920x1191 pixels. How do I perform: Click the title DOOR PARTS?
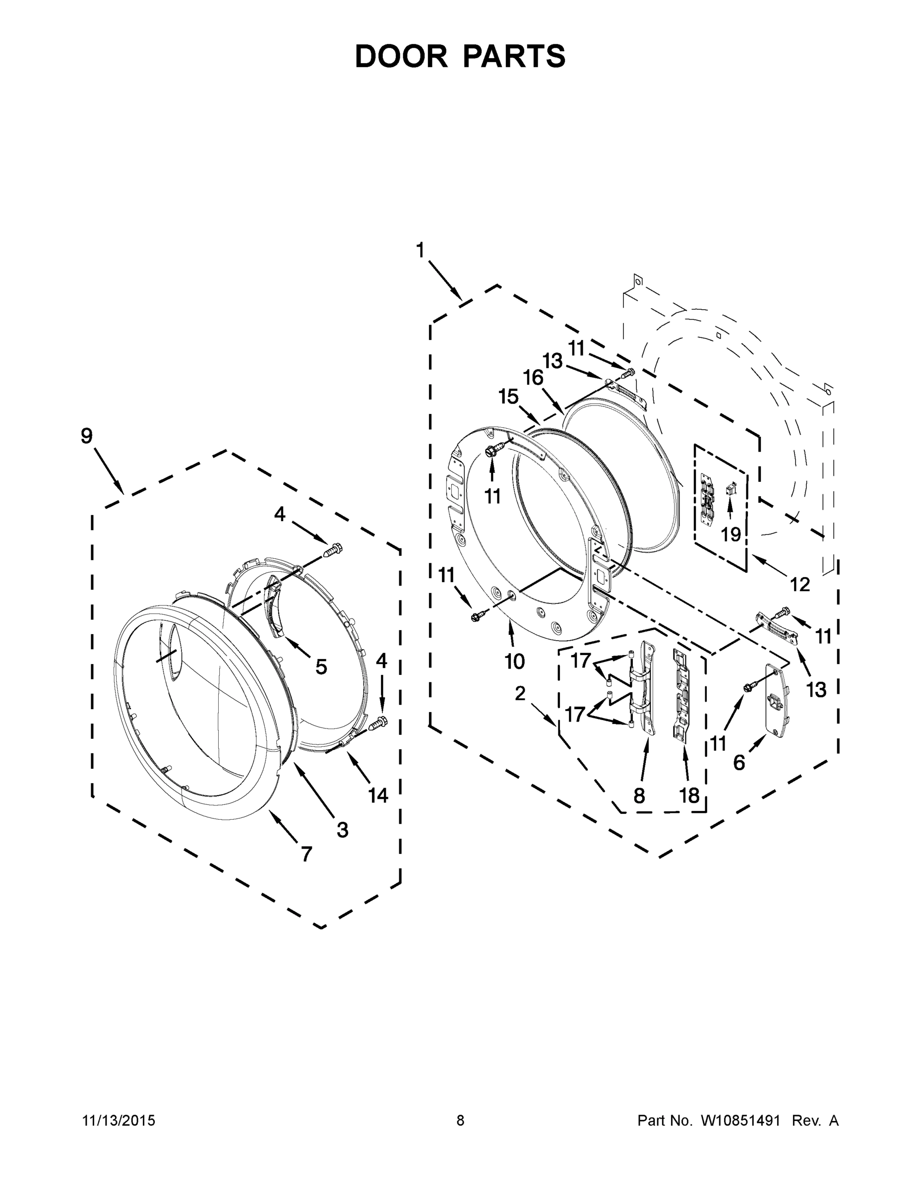click(460, 56)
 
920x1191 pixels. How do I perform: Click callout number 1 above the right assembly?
click(420, 250)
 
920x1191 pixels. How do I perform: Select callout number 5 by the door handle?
click(321, 666)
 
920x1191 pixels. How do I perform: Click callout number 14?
click(378, 795)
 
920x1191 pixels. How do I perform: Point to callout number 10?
click(514, 662)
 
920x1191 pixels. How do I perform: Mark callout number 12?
click(800, 585)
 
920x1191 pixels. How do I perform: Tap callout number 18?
click(689, 795)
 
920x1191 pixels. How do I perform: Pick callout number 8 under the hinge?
click(639, 795)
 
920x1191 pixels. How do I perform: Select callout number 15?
click(508, 397)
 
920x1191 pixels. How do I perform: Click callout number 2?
click(520, 693)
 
